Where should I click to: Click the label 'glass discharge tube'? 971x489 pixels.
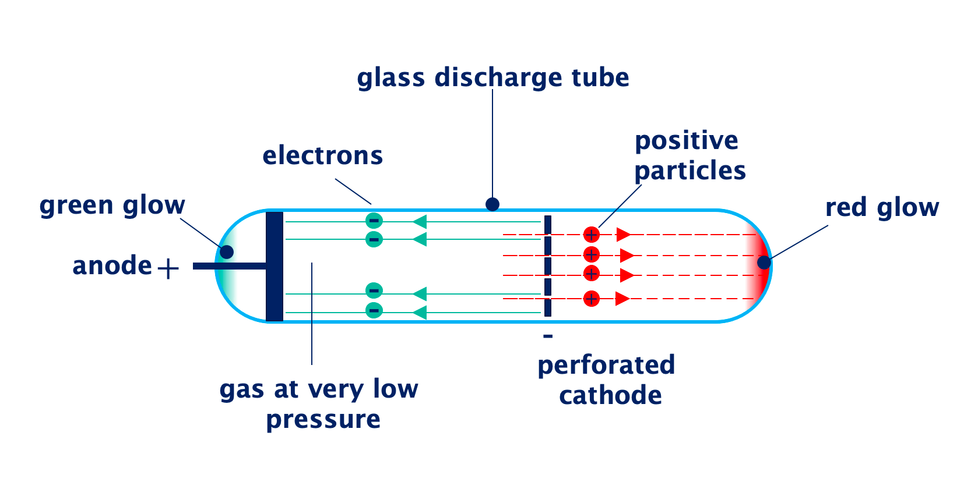click(492, 78)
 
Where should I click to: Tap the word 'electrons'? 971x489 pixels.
click(322, 156)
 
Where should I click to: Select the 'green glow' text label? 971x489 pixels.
click(112, 205)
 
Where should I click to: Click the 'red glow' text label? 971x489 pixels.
click(882, 208)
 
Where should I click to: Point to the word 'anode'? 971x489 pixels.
click(112, 266)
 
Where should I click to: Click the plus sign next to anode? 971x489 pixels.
click(168, 268)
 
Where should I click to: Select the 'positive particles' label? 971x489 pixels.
click(689, 156)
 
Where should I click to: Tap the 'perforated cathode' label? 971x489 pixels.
click(606, 380)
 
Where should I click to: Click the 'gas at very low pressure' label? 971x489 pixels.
click(319, 404)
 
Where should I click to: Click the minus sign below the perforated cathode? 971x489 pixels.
click(548, 336)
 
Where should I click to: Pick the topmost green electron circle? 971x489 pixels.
click(374, 221)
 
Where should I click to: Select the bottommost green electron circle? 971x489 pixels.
click(374, 310)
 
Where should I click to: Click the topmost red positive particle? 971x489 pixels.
click(591, 235)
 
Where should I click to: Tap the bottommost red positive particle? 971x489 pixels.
click(591, 299)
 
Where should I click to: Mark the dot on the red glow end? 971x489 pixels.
click(764, 263)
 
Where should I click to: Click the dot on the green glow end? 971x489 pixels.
click(227, 252)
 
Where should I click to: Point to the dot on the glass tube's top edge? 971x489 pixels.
click(492, 204)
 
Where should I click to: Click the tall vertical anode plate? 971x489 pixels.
click(275, 266)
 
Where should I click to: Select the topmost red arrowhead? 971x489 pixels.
click(623, 235)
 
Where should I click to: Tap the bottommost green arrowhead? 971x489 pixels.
click(420, 313)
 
